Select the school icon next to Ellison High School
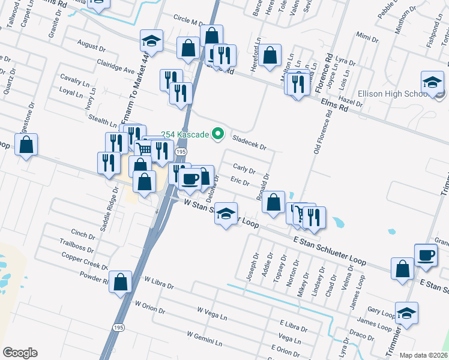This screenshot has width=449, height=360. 432,83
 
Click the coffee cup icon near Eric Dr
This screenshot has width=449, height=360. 190,179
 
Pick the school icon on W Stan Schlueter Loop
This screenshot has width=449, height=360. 225,214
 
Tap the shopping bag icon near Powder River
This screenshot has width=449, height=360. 121,281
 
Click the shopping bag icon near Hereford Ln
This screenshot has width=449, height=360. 271,56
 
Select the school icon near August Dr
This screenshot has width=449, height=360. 152,41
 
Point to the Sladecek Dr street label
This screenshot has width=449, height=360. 249,142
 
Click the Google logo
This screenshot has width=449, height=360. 20,353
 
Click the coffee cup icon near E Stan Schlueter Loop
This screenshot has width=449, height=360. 426,255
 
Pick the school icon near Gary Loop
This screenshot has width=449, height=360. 407,313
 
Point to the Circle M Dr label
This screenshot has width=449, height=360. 190,20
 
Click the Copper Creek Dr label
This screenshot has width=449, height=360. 85,262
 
